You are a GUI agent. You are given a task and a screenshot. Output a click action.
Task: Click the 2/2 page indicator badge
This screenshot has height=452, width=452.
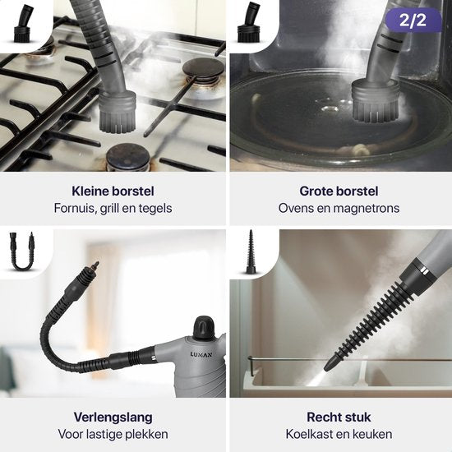(413, 20)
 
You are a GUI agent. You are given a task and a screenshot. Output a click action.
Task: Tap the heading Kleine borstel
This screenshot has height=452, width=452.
(113, 191)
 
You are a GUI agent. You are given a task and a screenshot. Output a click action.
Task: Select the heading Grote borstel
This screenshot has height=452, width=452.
(339, 191)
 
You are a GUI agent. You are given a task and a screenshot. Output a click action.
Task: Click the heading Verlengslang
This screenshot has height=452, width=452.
(113, 417)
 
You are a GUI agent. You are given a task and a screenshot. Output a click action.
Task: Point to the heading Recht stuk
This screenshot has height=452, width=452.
(339, 417)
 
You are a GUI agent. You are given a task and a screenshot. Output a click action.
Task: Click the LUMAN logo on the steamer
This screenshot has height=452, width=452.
(201, 354)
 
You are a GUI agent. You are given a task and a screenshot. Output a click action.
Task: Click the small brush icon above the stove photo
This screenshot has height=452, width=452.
(23, 24)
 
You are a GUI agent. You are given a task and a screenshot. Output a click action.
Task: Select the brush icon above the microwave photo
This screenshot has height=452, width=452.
(248, 22)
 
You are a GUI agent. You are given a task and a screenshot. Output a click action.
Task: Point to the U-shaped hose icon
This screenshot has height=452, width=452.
(22, 251)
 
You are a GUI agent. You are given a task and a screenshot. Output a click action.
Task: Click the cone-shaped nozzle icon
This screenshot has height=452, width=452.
(251, 251)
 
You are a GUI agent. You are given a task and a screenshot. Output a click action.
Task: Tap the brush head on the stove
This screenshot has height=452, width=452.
(118, 111)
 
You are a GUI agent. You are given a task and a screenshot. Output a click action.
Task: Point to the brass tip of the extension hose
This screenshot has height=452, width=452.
(95, 266)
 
